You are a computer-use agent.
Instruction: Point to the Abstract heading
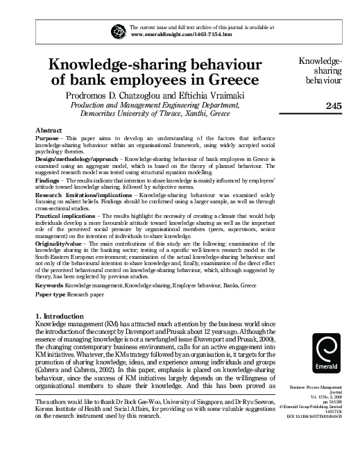49,130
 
